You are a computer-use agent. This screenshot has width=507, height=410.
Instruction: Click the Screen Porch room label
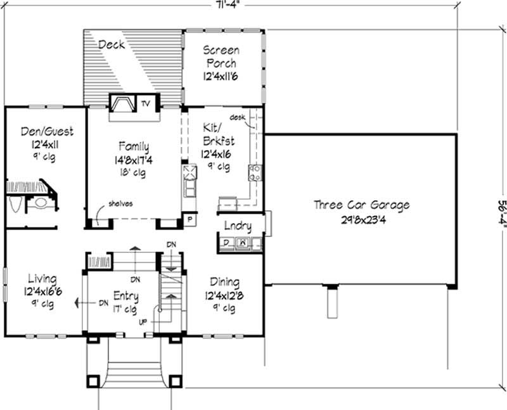[221, 56]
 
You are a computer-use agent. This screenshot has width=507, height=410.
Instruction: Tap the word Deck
[112, 45]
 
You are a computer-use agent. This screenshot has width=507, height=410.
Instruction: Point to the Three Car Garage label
[362, 205]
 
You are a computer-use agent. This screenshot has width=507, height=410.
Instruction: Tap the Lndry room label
[238, 226]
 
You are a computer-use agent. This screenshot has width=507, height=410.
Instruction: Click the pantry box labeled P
[189, 220]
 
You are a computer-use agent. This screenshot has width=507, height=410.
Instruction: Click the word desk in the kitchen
[237, 117]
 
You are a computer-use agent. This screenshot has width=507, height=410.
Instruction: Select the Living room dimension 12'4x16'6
[43, 291]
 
